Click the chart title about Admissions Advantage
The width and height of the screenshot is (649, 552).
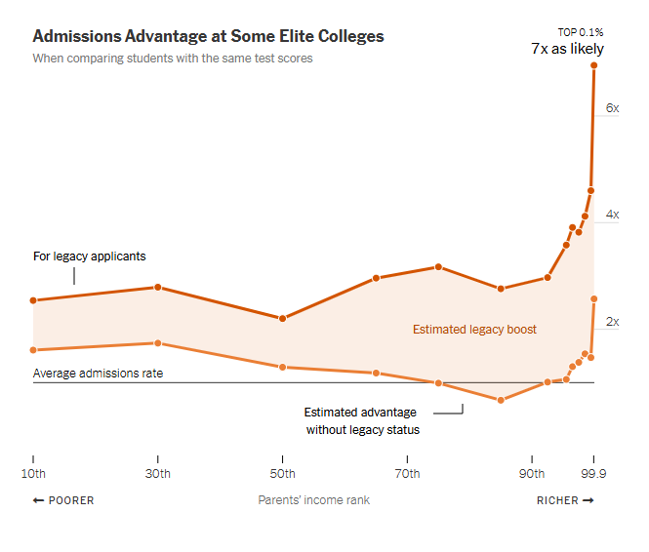point(208,36)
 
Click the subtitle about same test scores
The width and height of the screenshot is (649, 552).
point(173,59)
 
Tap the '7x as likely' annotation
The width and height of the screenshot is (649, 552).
point(567,49)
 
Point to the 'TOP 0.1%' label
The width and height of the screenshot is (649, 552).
point(581,32)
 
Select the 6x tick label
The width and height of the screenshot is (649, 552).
point(612,108)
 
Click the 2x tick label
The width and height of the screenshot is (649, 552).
point(612,322)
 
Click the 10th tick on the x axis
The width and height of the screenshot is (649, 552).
point(33,474)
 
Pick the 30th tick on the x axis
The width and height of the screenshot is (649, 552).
point(158,474)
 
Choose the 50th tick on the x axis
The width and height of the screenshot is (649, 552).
point(283,474)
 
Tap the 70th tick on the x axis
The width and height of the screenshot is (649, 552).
point(407,474)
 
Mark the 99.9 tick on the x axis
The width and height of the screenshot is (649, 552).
point(593,474)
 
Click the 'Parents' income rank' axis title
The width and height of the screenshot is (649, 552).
point(313,500)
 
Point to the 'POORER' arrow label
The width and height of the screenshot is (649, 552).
point(63,500)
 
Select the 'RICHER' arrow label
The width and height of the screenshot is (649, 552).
point(565,500)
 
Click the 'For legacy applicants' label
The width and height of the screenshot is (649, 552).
point(90,256)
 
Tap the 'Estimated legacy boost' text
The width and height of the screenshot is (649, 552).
point(474,330)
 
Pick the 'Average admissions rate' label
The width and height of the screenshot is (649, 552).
point(98,373)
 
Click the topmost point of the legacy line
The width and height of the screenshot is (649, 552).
point(593,65)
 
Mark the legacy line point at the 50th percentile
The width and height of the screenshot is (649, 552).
point(283,319)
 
